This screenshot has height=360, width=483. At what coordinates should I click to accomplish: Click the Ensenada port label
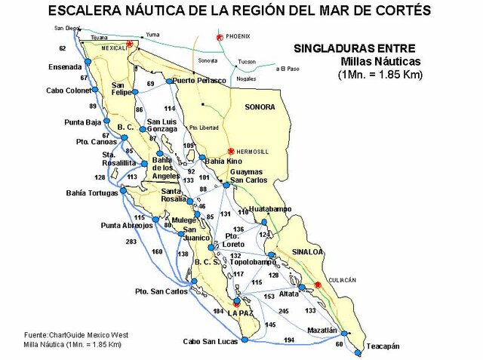pyautogui.click(x=65, y=66)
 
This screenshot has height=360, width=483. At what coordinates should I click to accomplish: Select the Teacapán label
pyautogui.click(x=383, y=346)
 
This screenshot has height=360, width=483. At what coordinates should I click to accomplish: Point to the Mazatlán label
pyautogui.click(x=322, y=331)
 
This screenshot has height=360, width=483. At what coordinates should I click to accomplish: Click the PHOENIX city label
pyautogui.click(x=237, y=36)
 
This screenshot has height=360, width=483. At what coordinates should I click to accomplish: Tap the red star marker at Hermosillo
pyautogui.click(x=230, y=151)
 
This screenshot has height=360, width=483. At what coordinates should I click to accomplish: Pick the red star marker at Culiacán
pyautogui.click(x=318, y=285)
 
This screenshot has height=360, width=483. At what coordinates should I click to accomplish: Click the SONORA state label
pyautogui.click(x=260, y=107)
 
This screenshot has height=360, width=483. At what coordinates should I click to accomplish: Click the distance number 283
pyautogui.click(x=131, y=242)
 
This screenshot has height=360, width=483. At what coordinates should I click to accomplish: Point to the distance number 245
pyautogui.click(x=283, y=311)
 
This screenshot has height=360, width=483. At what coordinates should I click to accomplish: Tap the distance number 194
pyautogui.click(x=288, y=340)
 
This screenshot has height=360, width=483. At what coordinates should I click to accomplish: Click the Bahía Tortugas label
pyautogui.click(x=92, y=192)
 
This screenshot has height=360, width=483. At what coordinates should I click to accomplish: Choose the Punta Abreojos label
pyautogui.click(x=127, y=225)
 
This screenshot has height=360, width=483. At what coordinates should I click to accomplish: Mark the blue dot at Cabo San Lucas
pyautogui.click(x=244, y=341)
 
